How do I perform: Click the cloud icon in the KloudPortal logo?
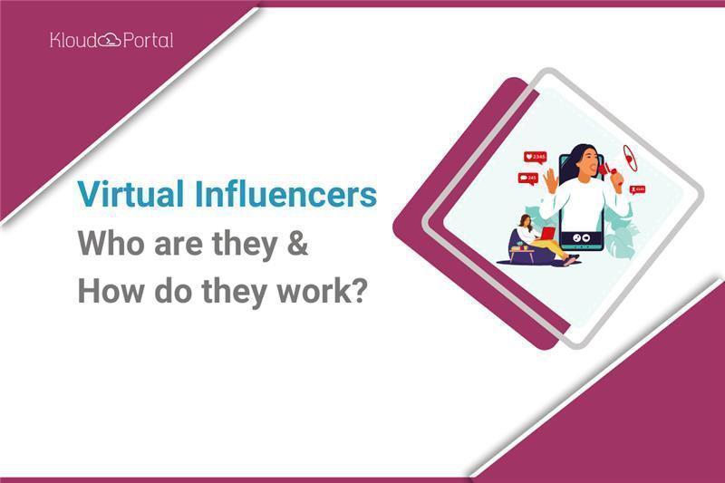coord(110,41)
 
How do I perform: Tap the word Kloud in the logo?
coord(74,40)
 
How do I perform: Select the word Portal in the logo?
coord(148,40)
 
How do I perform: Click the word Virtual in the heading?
coord(130,194)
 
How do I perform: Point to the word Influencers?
coord(285,194)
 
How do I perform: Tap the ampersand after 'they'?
coord(297,243)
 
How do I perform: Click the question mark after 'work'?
coord(360,291)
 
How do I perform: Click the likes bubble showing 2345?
coord(535,158)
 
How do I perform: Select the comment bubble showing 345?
coord(528,179)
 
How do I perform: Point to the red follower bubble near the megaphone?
coord(638,189)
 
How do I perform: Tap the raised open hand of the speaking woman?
coord(551,180)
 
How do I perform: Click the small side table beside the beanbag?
coord(522,252)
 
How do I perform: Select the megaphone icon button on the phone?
coord(585,238)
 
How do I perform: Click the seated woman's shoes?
coord(572,259)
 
